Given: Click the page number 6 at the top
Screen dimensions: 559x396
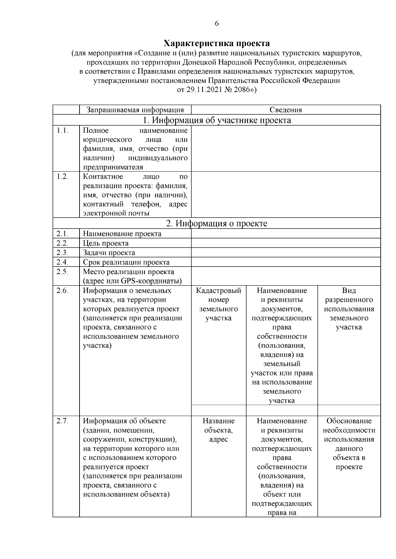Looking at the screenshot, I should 216,23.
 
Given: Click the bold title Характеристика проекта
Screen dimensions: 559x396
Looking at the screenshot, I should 217,43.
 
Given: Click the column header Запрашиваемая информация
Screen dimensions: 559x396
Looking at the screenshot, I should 135,110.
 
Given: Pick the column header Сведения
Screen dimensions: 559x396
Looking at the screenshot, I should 285,110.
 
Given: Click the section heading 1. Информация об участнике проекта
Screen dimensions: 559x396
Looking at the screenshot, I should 217,120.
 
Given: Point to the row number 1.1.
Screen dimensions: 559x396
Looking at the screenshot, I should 62,130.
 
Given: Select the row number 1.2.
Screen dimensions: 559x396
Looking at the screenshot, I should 62,177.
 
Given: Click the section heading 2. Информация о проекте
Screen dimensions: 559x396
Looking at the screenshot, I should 217,224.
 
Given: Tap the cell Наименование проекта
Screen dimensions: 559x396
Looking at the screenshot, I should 122,234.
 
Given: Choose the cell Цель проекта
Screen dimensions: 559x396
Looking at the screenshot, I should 106,243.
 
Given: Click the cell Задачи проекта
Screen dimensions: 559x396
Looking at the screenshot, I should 109,253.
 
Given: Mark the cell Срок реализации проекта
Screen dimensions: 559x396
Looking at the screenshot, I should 126,263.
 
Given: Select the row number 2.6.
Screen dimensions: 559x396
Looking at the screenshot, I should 62,291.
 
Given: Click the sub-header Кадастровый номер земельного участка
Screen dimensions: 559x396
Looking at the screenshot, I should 218,304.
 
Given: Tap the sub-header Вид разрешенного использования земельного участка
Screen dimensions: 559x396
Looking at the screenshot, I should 349,309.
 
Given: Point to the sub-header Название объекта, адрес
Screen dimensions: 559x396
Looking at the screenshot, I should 218,430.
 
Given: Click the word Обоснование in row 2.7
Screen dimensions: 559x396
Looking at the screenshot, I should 349,421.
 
